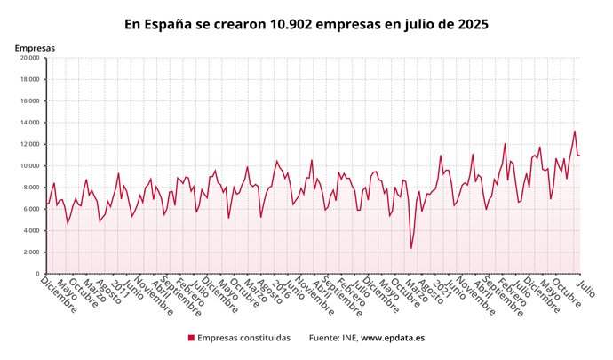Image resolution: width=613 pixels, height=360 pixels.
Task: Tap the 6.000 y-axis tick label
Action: tap(29, 210)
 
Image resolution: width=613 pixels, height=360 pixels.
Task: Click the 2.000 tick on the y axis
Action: tap(29, 252)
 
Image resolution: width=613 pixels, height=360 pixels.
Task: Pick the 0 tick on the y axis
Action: tap(36, 274)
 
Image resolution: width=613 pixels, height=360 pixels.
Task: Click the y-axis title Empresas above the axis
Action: tap(35, 46)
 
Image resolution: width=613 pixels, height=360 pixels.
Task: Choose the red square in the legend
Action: tap(191, 339)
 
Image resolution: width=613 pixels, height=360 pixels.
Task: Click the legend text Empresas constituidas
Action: tap(243, 339)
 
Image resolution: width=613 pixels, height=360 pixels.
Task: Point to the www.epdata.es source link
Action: tap(393, 339)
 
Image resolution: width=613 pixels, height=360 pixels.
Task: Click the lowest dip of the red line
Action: tap(411, 248)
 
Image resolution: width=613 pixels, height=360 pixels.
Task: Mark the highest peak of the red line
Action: tap(574, 131)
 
